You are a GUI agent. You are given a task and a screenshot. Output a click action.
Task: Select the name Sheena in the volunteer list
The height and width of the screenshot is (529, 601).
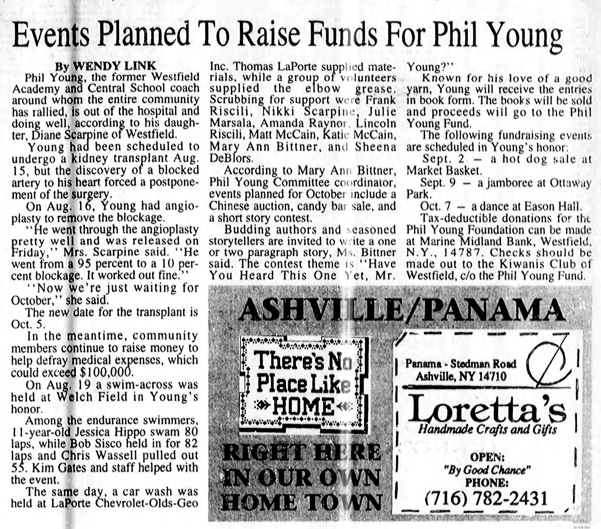point(375,146)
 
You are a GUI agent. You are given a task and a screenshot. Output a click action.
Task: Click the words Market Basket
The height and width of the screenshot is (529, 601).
point(444,171)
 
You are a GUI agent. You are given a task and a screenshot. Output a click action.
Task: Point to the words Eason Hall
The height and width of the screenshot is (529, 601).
point(558,206)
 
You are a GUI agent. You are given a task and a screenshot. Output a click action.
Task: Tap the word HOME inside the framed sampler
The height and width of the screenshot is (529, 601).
point(303,407)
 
